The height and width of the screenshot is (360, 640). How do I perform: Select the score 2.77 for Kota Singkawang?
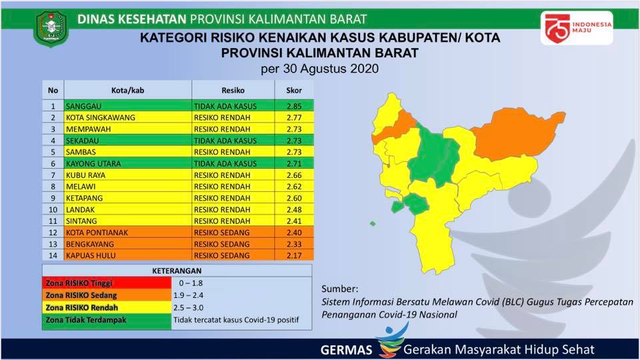[294, 117]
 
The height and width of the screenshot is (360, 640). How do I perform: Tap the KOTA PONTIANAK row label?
[97, 233]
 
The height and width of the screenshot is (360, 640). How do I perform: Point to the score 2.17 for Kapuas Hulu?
[294, 255]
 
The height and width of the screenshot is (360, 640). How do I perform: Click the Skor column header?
[294, 90]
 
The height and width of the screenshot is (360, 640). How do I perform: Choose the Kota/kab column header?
[128, 90]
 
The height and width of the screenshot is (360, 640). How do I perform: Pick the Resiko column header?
[233, 90]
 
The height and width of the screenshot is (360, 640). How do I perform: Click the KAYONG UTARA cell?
[93, 164]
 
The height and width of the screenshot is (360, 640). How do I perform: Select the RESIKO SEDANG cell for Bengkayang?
[221, 244]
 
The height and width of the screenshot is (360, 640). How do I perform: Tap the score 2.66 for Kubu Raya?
[294, 175]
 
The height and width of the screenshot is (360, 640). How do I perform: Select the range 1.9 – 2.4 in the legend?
[188, 295]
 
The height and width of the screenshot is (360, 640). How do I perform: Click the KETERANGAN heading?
[177, 271]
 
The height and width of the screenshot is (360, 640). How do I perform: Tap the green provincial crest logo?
[51, 29]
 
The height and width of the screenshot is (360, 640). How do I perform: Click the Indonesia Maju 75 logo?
[577, 27]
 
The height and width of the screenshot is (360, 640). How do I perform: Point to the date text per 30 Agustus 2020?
[319, 68]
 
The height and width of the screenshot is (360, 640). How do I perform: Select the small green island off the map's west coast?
[372, 224]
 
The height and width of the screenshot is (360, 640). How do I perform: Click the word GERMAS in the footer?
[346, 350]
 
